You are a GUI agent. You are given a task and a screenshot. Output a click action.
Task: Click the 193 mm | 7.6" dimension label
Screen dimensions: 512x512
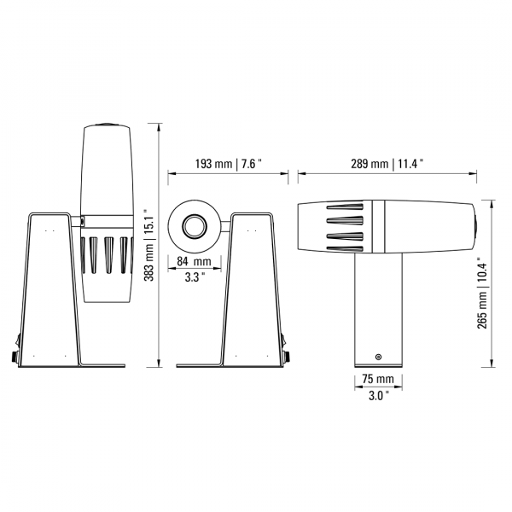229,164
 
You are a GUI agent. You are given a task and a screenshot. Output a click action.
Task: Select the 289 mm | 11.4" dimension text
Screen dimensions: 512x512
387,164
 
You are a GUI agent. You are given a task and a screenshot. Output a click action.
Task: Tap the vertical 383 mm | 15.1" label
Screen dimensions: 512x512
149,245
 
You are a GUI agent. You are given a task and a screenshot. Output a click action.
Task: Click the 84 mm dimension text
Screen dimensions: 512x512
195,261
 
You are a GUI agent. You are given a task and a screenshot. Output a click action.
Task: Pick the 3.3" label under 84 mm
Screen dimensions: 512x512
195,277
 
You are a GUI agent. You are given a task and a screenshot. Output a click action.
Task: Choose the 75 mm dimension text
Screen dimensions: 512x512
378,379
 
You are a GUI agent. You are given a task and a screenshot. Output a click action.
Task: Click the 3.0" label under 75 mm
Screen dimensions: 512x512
379,396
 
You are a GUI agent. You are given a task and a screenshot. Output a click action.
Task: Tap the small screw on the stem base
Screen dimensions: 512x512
378,357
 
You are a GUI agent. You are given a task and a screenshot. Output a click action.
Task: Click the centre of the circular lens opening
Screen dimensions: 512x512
195,226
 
